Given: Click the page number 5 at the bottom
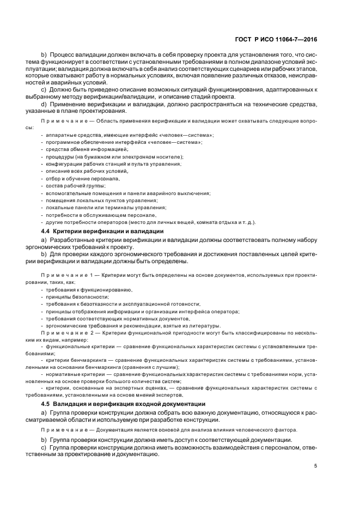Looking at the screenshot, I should click(316, 465).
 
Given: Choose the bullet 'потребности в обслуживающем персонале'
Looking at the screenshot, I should click(97, 215).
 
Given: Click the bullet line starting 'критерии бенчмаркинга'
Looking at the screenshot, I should click(180, 360).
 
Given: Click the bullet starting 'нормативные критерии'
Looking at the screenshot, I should click(180, 375).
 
